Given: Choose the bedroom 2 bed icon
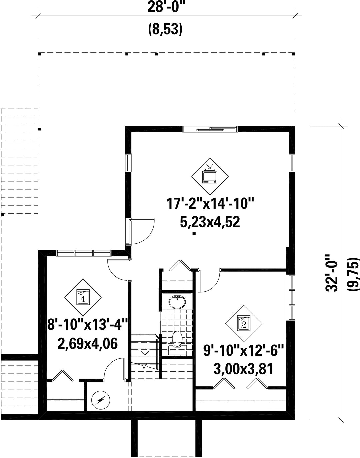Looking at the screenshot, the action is coord(243,324).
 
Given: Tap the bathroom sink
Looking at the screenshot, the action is coord(177,302).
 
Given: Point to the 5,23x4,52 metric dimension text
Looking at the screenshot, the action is coord(210,222).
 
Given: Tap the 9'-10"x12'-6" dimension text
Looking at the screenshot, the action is coord(243,350).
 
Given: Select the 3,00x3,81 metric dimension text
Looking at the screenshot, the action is coord(243,369).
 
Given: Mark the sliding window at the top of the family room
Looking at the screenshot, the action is coord(210,129).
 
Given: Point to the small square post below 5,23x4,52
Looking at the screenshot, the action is coord(194,233).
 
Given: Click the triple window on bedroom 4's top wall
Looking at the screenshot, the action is coord(84,253).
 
